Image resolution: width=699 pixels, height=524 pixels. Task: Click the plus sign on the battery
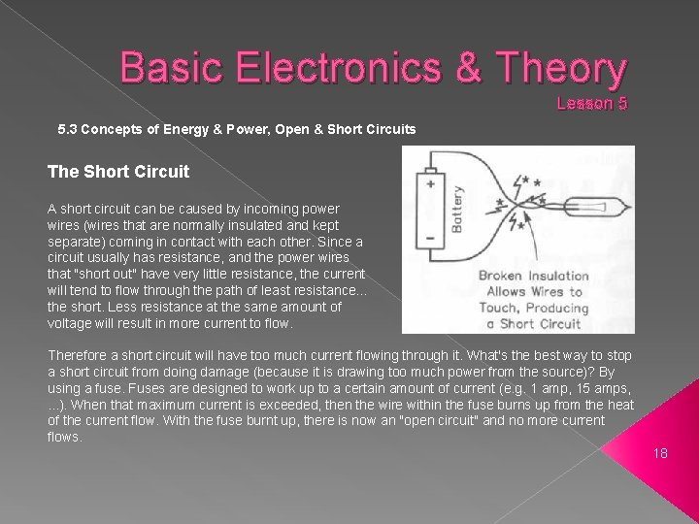tap(427, 181)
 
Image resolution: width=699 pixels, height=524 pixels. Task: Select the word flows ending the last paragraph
tap(64, 437)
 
